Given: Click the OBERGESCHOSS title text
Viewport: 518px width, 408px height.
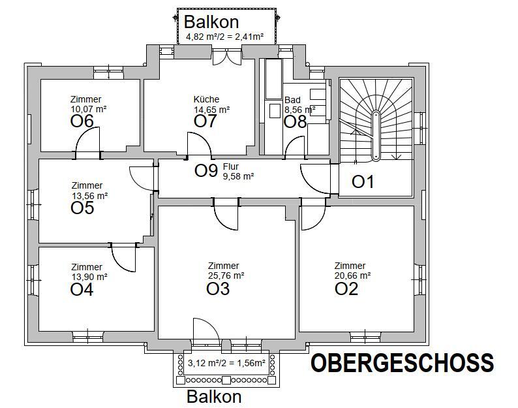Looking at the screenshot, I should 402,363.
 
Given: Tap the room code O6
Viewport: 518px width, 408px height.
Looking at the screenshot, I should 82,121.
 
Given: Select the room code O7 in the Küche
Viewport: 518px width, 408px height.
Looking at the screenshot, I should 206,121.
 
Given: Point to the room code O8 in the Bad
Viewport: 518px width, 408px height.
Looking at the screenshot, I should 295,121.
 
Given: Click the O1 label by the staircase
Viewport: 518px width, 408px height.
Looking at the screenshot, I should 363,182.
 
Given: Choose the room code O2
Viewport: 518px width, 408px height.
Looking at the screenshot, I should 346,289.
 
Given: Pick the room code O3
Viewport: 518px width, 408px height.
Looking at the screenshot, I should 218,289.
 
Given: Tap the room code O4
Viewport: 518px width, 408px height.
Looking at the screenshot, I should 82,289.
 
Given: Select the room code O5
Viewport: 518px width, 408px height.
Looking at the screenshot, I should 82,208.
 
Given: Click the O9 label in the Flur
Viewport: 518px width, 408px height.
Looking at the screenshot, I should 206,171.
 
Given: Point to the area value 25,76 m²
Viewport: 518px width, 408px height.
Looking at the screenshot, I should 226,275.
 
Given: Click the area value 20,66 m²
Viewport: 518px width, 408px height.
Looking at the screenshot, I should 352,275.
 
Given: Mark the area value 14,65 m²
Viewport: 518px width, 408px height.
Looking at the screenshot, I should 211,110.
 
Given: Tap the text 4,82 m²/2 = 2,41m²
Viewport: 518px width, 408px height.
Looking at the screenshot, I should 224,38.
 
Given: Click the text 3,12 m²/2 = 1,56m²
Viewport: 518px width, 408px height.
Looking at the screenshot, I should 226,364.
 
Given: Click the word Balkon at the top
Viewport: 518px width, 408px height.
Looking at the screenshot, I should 211,22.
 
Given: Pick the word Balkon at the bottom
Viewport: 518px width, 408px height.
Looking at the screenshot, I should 214,396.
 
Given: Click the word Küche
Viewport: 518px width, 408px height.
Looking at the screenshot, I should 207,100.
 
